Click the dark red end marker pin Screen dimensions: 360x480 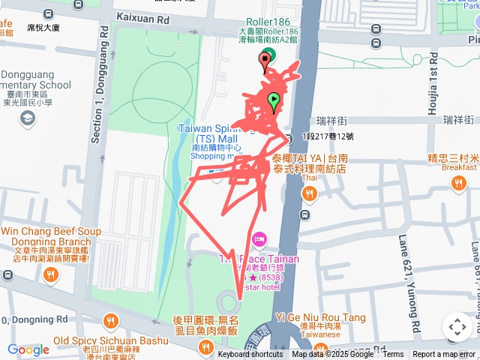(265, 61)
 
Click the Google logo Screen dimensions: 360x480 (28, 349)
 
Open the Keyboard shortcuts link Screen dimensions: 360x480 (250, 354)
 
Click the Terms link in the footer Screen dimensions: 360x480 (393, 354)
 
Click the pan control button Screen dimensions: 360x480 (457, 326)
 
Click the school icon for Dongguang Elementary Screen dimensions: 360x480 (28, 118)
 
